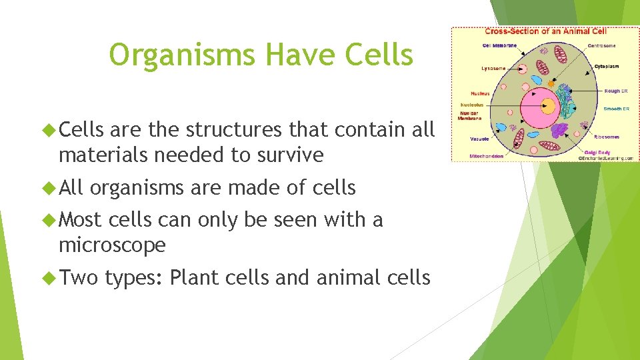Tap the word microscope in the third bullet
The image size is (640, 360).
click(112, 245)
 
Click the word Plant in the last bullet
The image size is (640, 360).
click(195, 277)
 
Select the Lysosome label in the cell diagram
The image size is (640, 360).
click(493, 68)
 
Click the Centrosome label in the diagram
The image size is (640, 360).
click(601, 45)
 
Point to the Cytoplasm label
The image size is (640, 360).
click(606, 66)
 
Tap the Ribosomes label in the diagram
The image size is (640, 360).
click(607, 137)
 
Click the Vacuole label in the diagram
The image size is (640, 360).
click(479, 139)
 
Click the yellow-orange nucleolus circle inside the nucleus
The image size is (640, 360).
click(548, 105)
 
